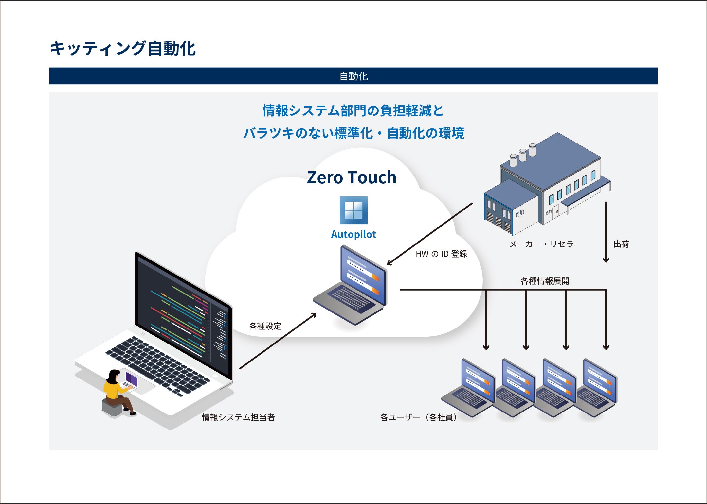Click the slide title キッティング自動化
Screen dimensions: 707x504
pyautogui.click(x=122, y=48)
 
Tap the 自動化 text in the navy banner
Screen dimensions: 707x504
pyautogui.click(x=353, y=76)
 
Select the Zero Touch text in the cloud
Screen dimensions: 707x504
pyautogui.click(x=352, y=177)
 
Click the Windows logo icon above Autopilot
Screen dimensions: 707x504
pyautogui.click(x=353, y=210)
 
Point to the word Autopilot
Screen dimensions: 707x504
pyautogui.click(x=353, y=234)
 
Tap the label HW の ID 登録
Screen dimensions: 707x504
pyautogui.click(x=441, y=254)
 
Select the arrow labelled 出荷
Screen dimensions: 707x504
pyautogui.click(x=606, y=232)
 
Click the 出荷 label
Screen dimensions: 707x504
pyautogui.click(x=621, y=244)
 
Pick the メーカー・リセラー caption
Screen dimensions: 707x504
pyautogui.click(x=545, y=244)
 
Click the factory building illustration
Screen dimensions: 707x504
pyautogui.click(x=547, y=184)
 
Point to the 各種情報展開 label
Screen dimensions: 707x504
pyautogui.click(x=545, y=281)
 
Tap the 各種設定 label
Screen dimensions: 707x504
pyautogui.click(x=265, y=326)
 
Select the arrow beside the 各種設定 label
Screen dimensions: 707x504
pyautogui.click(x=278, y=341)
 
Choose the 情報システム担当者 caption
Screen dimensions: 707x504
pyautogui.click(x=238, y=417)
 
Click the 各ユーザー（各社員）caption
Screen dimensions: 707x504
pyautogui.click(x=419, y=417)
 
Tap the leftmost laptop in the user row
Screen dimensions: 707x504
pyautogui.click(x=468, y=388)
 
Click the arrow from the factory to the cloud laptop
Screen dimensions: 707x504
pyautogui.click(x=430, y=234)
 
